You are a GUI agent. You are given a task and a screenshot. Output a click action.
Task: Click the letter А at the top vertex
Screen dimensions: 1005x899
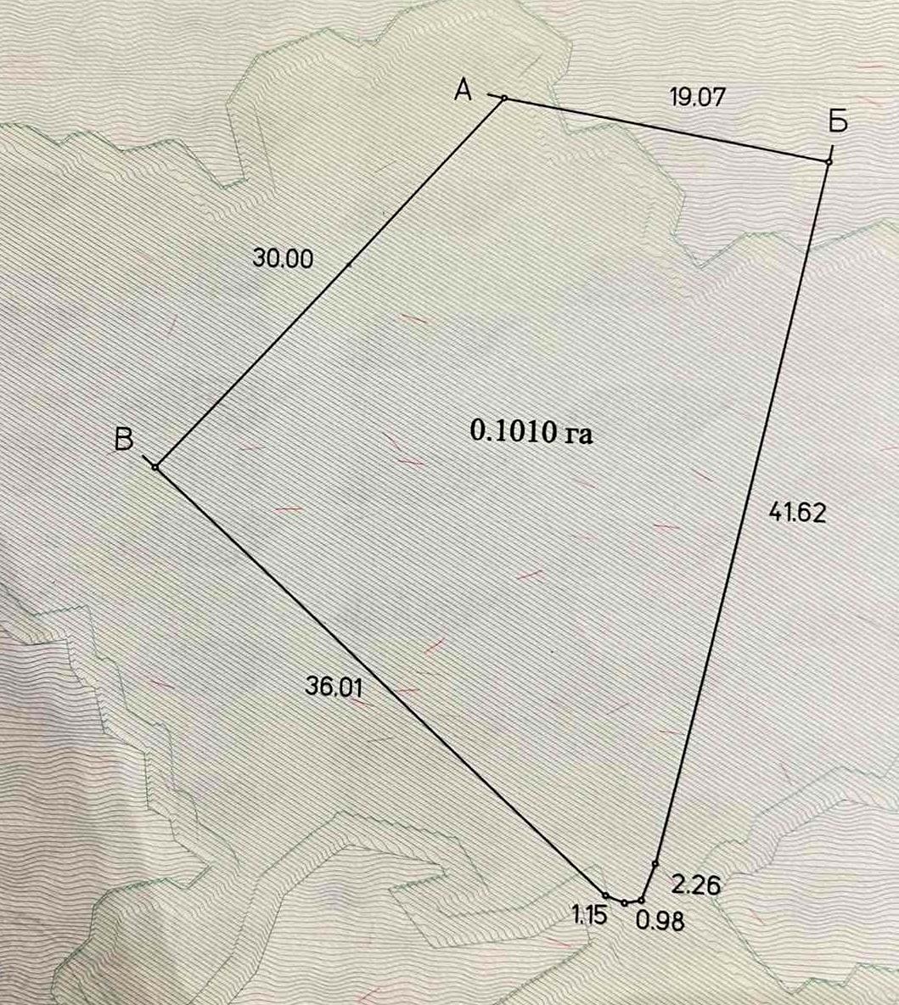click(x=464, y=88)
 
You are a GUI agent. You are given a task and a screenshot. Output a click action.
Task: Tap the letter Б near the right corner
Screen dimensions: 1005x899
click(x=837, y=123)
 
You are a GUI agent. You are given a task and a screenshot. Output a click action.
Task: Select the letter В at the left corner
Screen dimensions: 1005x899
click(x=124, y=439)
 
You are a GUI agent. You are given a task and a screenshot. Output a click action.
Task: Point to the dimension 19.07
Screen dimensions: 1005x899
click(x=697, y=97)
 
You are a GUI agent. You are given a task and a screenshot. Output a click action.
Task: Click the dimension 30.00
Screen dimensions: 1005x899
click(x=283, y=258)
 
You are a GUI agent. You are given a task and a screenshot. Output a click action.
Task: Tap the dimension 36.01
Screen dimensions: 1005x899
click(x=334, y=687)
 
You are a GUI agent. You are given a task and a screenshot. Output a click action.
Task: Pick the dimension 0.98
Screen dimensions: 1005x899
click(x=660, y=920)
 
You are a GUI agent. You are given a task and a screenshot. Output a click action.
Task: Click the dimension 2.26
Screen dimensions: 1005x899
click(x=695, y=885)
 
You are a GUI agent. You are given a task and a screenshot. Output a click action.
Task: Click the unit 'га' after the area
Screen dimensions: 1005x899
click(x=576, y=434)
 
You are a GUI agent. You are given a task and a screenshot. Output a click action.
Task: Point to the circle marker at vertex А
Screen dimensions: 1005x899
click(x=503, y=98)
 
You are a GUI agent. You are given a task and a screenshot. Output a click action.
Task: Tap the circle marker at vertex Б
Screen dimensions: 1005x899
click(x=829, y=161)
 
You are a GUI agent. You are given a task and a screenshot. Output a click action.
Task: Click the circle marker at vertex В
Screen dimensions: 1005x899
click(x=155, y=467)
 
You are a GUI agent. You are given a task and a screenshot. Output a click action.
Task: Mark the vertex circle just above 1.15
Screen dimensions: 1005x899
click(x=605, y=896)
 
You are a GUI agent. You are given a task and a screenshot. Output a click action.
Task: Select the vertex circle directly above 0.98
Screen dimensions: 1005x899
click(x=642, y=900)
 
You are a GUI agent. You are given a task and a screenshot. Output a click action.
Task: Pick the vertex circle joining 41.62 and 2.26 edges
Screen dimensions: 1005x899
click(x=655, y=864)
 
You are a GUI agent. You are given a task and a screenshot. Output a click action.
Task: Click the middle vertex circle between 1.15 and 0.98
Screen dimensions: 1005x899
click(x=624, y=903)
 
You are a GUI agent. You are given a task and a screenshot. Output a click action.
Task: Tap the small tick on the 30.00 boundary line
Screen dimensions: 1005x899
click(x=349, y=265)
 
